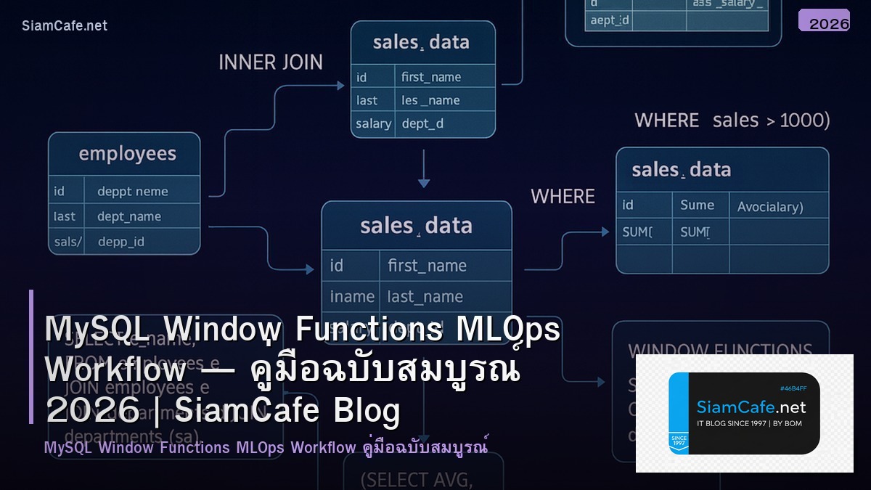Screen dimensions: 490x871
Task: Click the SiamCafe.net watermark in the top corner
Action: [65, 25]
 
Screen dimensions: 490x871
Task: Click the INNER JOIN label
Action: [271, 62]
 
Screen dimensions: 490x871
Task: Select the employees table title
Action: [127, 154]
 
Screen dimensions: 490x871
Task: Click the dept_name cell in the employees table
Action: [129, 216]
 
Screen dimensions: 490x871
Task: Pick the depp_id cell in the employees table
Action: [121, 242]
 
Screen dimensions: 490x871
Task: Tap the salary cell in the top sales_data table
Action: [373, 124]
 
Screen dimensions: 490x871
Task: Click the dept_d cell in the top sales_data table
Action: [422, 124]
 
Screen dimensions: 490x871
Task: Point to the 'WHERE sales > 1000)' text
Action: [732, 121]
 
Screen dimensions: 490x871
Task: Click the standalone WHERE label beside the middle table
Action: [563, 197]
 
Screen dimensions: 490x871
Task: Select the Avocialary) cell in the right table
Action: [770, 207]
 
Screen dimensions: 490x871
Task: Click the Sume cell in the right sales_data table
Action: [697, 205]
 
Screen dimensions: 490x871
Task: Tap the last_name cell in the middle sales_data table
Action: [425, 296]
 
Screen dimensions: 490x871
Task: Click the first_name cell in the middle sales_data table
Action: [427, 266]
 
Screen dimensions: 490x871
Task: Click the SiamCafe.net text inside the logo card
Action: [751, 407]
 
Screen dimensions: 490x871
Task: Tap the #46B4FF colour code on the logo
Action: [793, 389]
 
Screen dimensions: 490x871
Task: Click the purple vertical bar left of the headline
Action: [31, 356]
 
